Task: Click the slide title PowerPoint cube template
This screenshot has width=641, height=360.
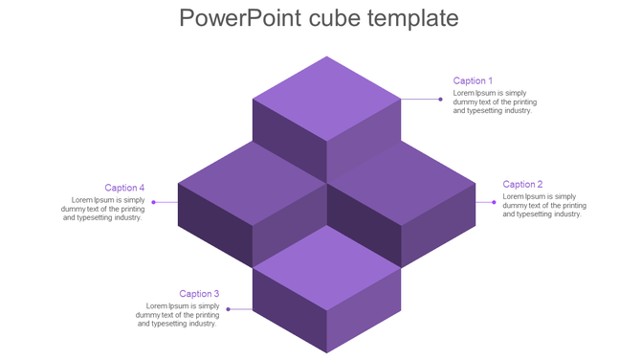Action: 319,18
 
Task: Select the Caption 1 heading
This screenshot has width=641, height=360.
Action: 473,81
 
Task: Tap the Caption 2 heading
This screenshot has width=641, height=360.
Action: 522,185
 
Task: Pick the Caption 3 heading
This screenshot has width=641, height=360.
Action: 199,294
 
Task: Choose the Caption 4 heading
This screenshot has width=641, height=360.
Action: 124,189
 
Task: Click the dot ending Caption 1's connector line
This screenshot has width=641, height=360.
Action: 441,99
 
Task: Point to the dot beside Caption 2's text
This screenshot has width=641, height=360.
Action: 494,202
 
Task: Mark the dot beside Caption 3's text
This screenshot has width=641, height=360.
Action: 228,309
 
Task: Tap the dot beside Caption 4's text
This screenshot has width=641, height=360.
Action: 153,202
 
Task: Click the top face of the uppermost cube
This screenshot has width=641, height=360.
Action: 326,98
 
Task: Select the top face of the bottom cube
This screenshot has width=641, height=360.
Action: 326,267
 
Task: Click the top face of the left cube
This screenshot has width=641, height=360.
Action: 251,182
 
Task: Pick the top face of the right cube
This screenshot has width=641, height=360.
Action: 402,182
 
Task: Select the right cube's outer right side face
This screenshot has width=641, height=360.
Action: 438,225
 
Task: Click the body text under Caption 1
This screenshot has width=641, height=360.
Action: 495,102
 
